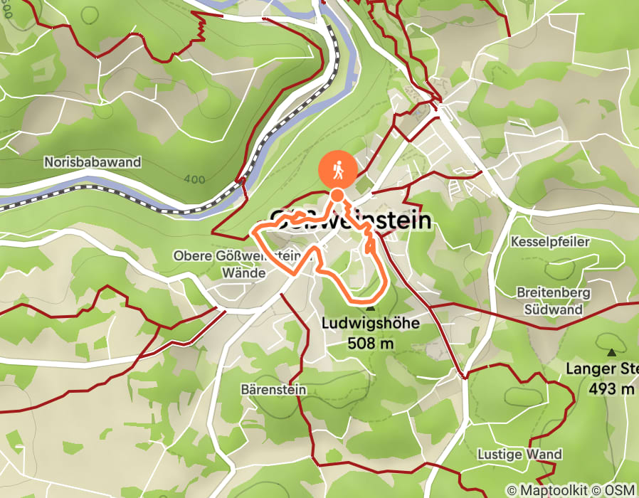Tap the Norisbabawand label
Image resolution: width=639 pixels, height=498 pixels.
click(x=92, y=162)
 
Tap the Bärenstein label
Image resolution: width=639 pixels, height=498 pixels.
click(x=273, y=389)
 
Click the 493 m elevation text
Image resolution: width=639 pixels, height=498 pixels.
click(x=611, y=389)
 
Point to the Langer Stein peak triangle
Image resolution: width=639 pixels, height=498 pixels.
click(x=611, y=352)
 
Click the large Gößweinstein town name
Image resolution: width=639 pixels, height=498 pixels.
click(x=351, y=221)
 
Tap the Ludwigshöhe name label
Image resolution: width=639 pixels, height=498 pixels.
click(x=369, y=324)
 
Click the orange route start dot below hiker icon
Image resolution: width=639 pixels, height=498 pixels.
click(x=337, y=196)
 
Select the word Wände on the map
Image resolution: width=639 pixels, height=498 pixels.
click(x=243, y=272)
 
